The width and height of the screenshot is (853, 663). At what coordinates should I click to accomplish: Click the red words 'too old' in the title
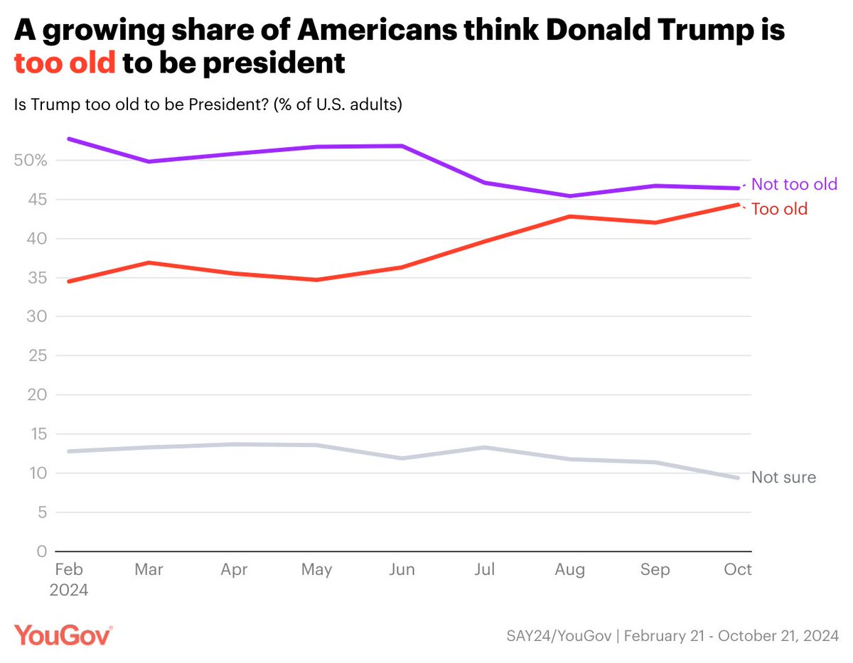65,63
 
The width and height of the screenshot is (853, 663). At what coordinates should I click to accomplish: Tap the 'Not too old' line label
794,184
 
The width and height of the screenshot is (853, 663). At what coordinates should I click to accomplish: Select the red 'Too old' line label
779,210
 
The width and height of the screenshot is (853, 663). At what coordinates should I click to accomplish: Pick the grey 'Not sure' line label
783,478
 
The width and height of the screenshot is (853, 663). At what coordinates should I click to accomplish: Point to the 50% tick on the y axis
30,161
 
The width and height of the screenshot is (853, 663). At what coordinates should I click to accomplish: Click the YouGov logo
63,634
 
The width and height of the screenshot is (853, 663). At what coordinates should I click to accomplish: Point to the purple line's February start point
68,139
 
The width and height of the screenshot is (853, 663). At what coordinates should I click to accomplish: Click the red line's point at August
570,216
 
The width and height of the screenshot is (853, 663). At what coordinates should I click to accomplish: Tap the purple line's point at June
402,146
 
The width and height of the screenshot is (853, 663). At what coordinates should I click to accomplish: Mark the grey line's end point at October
738,478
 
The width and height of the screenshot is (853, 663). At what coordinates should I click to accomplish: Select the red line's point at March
149,262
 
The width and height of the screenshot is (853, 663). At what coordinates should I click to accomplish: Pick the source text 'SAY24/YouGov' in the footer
560,635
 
